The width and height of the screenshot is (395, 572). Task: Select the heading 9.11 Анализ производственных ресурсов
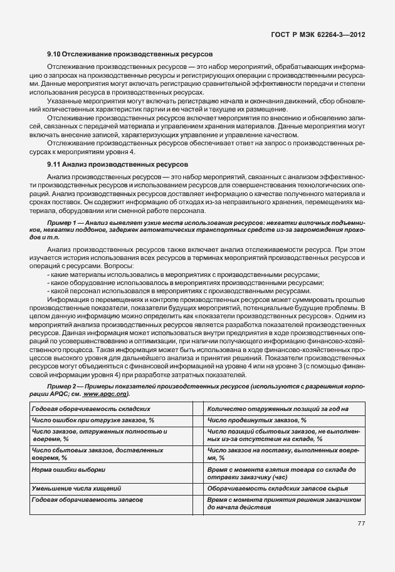117,164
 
